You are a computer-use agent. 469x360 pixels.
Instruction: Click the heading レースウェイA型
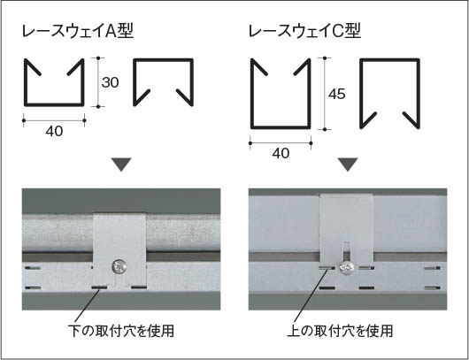(78, 31)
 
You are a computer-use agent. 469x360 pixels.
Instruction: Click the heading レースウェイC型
(304, 31)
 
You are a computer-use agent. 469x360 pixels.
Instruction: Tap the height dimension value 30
(110, 82)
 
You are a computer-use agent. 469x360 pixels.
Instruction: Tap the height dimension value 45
(337, 94)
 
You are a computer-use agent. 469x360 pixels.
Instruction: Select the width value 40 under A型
(55, 131)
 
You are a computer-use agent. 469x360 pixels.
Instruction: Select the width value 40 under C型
(281, 153)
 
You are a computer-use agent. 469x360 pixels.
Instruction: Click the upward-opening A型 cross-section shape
(26, 89)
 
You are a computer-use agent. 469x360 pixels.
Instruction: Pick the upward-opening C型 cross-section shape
(252, 99)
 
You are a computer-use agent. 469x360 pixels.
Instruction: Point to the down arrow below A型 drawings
(121, 165)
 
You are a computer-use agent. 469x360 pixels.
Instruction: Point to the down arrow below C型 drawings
(348, 165)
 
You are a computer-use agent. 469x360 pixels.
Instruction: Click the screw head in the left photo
(119, 267)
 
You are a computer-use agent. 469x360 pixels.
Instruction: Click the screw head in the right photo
(346, 269)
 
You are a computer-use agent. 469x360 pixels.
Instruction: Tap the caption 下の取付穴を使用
(121, 331)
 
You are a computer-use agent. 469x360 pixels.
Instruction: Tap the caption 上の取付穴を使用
(340, 331)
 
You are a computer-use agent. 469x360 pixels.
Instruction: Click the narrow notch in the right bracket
(346, 251)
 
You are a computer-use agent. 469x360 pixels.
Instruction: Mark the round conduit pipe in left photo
(60, 233)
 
